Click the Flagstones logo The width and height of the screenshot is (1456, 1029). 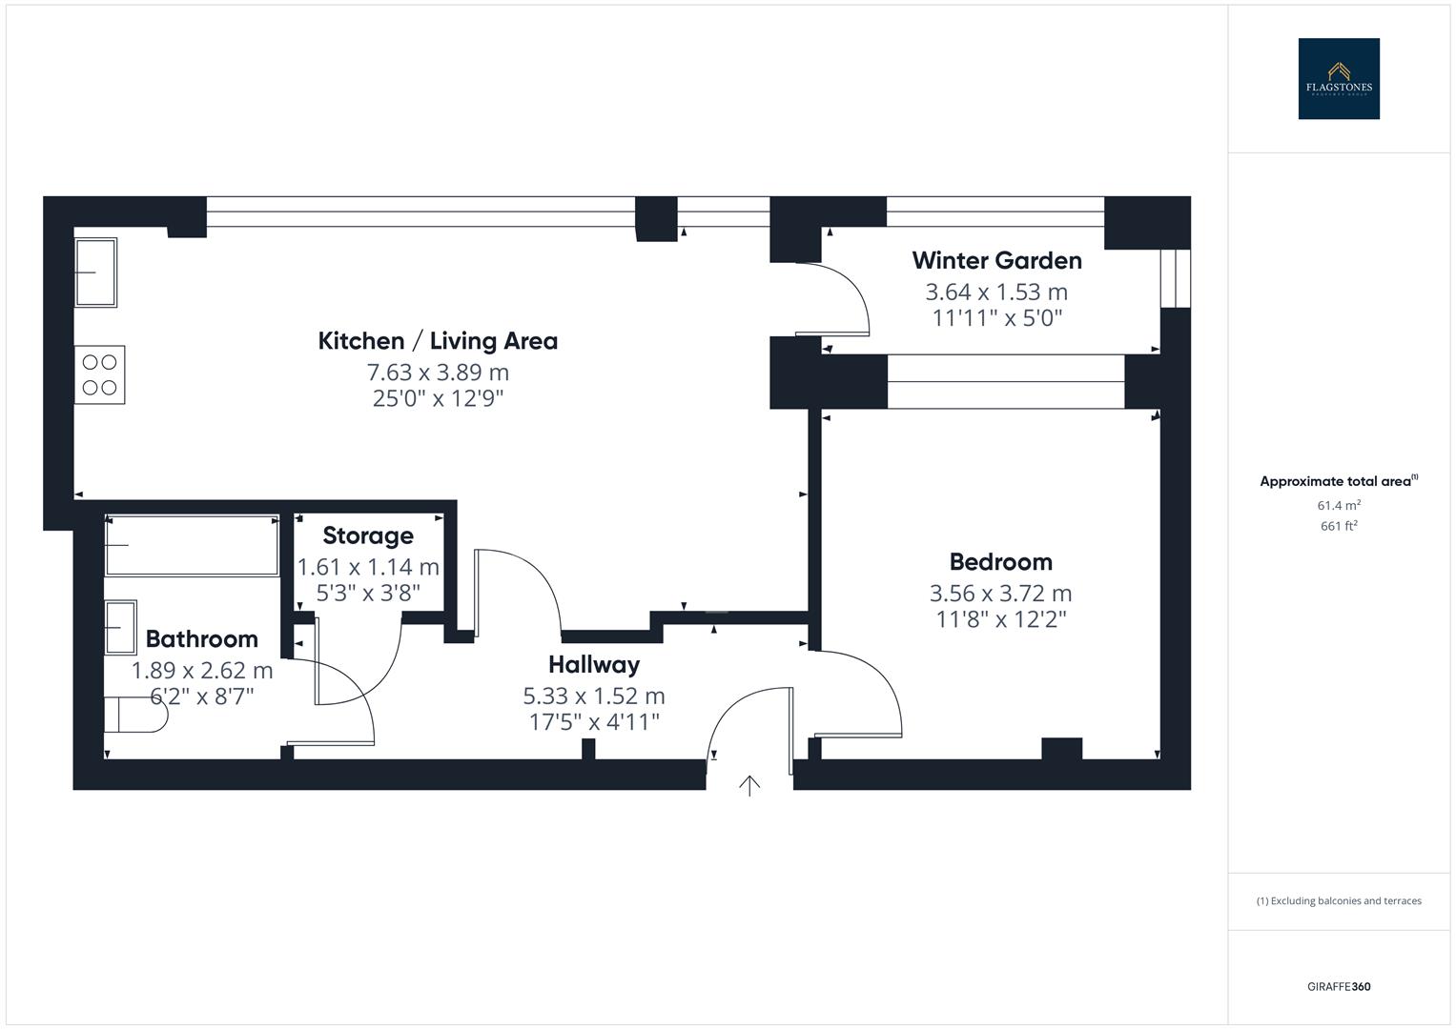1338,79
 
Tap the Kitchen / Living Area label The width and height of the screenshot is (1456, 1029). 438,341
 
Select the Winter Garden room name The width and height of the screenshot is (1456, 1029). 996,260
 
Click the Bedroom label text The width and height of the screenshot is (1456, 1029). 1000,561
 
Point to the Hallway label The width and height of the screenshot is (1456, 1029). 593,664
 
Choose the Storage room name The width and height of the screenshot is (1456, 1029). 368,535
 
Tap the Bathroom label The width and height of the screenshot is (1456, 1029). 201,638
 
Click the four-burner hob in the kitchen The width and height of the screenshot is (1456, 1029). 99,374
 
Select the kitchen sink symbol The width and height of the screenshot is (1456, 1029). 95,272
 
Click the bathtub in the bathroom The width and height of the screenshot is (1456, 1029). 192,545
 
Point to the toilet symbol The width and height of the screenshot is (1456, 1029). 133,714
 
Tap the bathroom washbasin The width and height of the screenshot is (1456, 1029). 120,627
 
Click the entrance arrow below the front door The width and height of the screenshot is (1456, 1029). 749,785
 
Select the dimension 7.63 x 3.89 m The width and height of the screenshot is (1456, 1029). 438,372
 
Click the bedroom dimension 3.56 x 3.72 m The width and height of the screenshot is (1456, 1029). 1000,593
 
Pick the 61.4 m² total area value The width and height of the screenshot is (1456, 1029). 1338,505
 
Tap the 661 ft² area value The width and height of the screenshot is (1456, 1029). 1338,526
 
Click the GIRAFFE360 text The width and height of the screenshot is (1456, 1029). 1338,986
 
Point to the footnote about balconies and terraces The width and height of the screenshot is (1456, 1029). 1338,900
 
